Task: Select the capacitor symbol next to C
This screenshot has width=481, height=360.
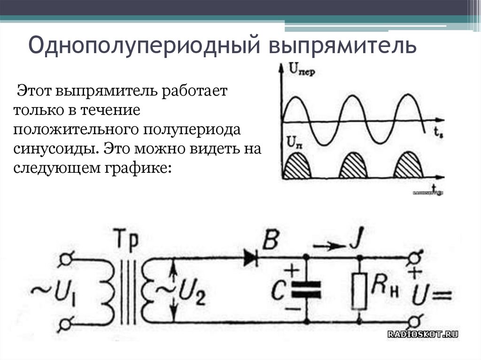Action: [306, 290]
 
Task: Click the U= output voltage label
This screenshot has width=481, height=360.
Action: [432, 295]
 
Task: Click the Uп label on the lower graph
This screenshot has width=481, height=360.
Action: [293, 141]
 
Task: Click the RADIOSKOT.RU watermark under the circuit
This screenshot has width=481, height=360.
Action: [422, 334]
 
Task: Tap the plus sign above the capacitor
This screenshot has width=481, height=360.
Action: [292, 270]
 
